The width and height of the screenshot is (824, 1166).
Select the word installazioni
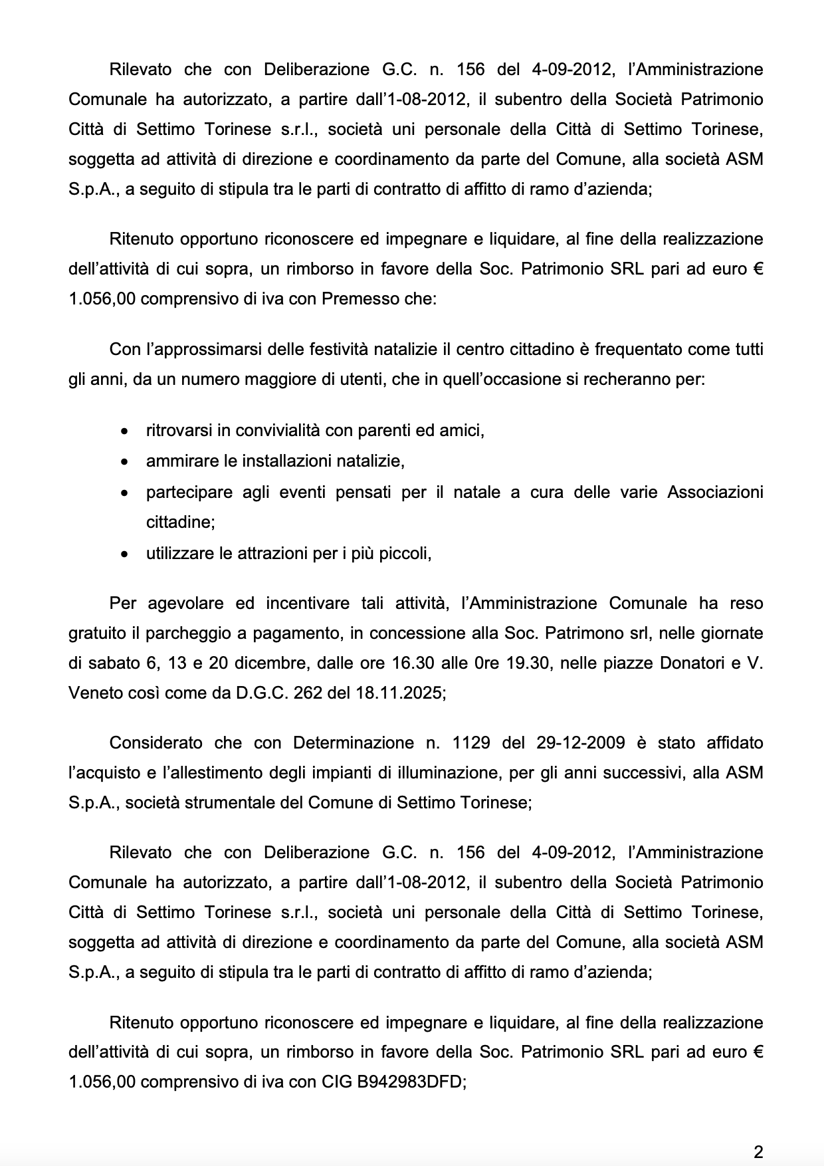[287, 461]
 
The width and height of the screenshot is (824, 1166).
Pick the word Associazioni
[714, 492]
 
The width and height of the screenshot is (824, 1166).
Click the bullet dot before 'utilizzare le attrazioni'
[124, 554]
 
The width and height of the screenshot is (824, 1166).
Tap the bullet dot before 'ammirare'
[124, 461]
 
